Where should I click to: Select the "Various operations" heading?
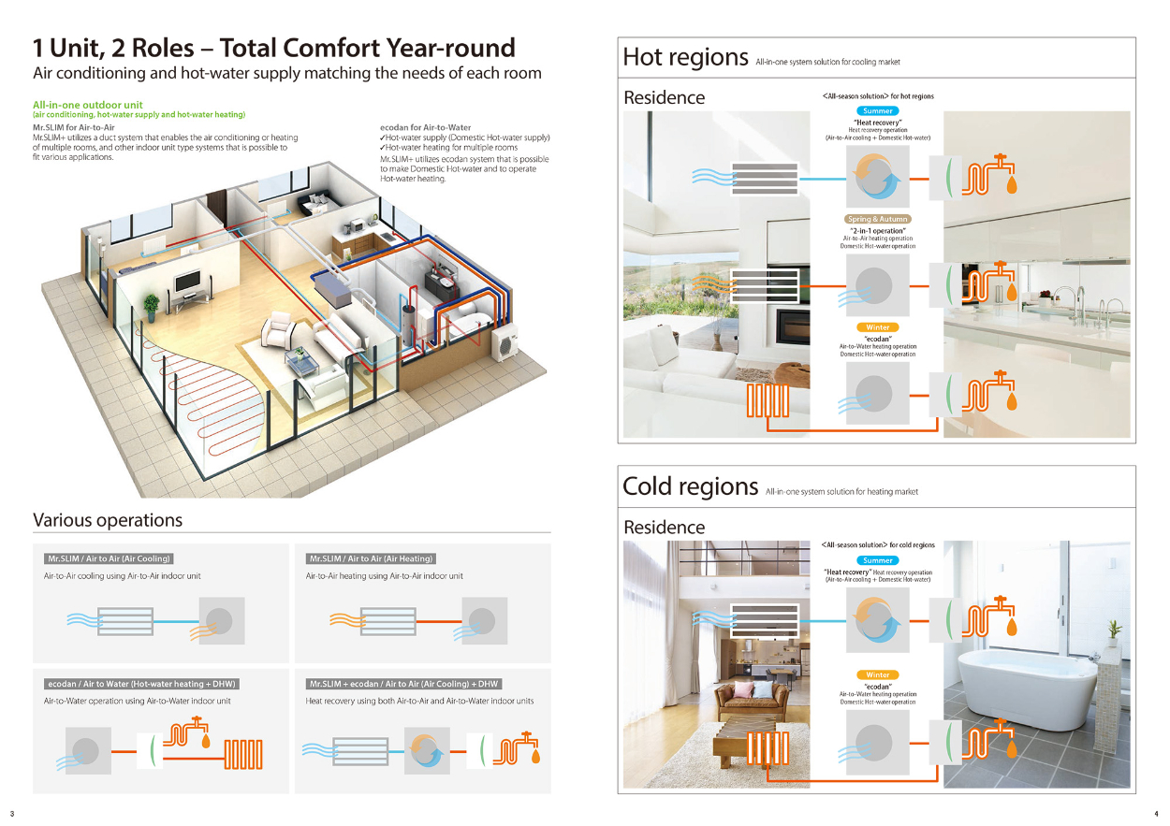tap(108, 520)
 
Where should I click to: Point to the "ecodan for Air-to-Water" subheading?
tap(426, 127)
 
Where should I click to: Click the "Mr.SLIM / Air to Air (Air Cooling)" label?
tap(109, 558)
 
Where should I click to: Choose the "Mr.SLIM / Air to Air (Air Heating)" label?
tap(371, 558)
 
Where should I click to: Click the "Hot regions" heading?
tap(685, 57)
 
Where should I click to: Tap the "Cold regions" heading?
tap(690, 486)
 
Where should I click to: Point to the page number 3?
tap(12, 812)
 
